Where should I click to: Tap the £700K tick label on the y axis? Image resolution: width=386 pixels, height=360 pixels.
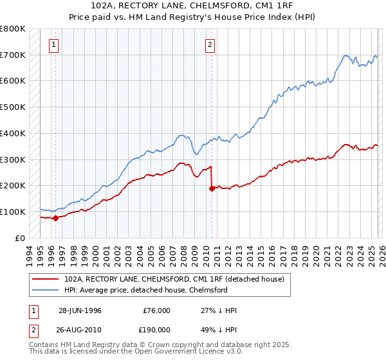[x=13, y=55]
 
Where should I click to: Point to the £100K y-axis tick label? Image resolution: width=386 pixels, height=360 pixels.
[x=13, y=212]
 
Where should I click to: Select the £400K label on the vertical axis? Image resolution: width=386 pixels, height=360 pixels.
[x=13, y=134]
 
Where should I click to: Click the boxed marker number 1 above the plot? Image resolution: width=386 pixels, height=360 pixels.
[x=53, y=45]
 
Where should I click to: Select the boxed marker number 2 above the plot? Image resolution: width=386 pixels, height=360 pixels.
[x=210, y=45]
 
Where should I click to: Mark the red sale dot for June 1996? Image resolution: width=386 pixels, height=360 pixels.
[x=55, y=218]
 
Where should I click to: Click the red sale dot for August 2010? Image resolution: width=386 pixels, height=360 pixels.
[x=212, y=188]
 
